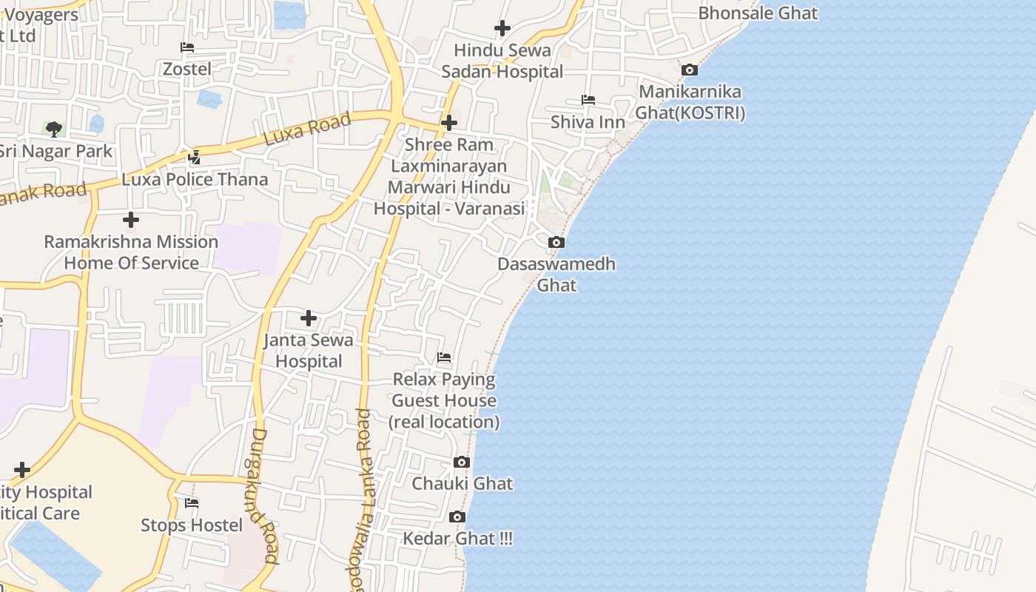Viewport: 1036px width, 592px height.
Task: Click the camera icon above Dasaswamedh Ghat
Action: pyautogui.click(x=556, y=242)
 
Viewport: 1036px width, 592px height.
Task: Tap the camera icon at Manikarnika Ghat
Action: pyautogui.click(x=690, y=70)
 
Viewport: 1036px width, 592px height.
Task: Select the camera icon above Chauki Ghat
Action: pyautogui.click(x=461, y=462)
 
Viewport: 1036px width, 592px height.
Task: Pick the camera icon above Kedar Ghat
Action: pyautogui.click(x=457, y=517)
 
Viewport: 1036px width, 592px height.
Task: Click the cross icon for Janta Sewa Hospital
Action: pyautogui.click(x=309, y=318)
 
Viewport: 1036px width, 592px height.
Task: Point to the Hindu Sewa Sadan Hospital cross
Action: pyautogui.click(x=502, y=28)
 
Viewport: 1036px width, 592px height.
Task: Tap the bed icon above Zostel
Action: pyautogui.click(x=187, y=47)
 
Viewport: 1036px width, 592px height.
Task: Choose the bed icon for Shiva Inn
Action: pyautogui.click(x=588, y=99)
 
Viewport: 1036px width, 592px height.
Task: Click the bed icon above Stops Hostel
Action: pyautogui.click(x=192, y=503)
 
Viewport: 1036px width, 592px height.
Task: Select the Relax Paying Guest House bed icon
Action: pyautogui.click(x=444, y=357)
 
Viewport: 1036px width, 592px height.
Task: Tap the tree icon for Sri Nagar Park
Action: pyautogui.click(x=54, y=129)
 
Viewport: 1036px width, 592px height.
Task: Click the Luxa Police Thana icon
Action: pyautogui.click(x=195, y=157)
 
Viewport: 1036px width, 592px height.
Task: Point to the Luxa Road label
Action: pyautogui.click(x=306, y=129)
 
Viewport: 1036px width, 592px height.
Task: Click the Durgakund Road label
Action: pyautogui.click(x=263, y=496)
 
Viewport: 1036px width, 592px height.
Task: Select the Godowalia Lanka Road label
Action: pyautogui.click(x=362, y=499)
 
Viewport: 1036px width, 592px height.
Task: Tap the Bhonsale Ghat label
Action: pyautogui.click(x=758, y=13)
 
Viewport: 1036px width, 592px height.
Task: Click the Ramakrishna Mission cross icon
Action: pyautogui.click(x=131, y=220)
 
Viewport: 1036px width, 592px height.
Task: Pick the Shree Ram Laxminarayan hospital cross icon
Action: pyautogui.click(x=449, y=122)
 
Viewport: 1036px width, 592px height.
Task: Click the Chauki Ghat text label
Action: pyautogui.click(x=462, y=483)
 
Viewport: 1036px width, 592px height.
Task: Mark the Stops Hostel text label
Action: pyautogui.click(x=192, y=525)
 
